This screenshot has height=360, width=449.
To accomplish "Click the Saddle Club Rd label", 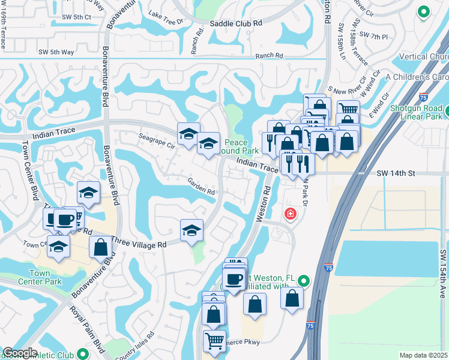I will (237, 23).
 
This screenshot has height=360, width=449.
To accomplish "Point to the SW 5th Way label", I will (56, 52).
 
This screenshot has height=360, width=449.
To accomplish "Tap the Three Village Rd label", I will (139, 245).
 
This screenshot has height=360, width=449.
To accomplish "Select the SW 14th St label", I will (396, 173).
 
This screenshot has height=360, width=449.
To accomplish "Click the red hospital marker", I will (290, 214).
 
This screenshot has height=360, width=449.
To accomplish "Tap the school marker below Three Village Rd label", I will (191, 230).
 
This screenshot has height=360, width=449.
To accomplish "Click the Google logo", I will (20, 353).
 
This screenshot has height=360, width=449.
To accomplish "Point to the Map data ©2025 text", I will (423, 355).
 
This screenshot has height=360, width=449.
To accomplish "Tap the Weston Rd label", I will (262, 203).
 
